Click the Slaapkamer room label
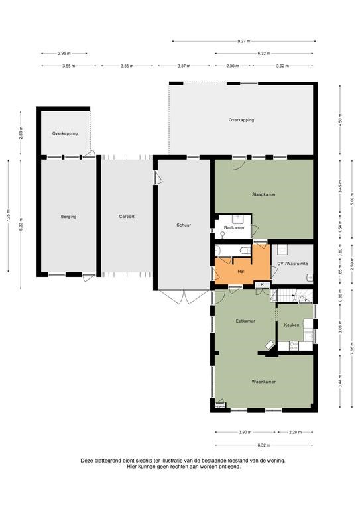pyautogui.click(x=264, y=194)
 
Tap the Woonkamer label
pyautogui.click(x=264, y=382)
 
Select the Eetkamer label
pyautogui.click(x=245, y=321)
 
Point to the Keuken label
pyautogui.click(x=292, y=325)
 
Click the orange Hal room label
pyautogui.click(x=241, y=271)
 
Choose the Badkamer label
pyautogui.click(x=234, y=227)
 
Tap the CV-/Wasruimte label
pyautogui.click(x=292, y=264)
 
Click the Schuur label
pyautogui.click(x=184, y=225)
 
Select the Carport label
pyautogui.click(x=127, y=217)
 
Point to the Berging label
pyautogui.click(x=68, y=217)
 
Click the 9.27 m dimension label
pyautogui.click(x=244, y=41)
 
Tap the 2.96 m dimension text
pyautogui.click(x=64, y=53)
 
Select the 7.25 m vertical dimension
pyautogui.click(x=8, y=215)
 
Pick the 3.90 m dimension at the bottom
pyautogui.click(x=245, y=432)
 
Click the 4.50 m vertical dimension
pyautogui.click(x=340, y=120)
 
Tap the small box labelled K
pyautogui.click(x=263, y=285)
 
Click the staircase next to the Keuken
pyautogui.click(x=292, y=296)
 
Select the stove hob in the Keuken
pyautogui.click(x=294, y=346)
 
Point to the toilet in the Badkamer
pyautogui.click(x=223, y=235)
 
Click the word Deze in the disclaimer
pyautogui.click(x=86, y=461)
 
